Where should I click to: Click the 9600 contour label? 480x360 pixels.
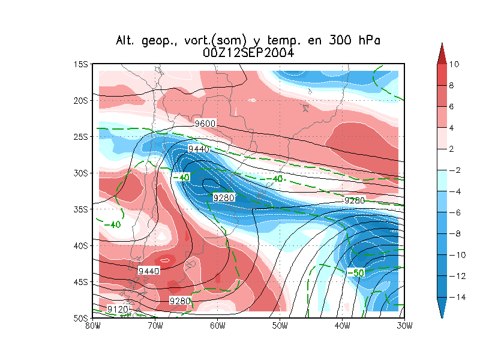tap(205, 124)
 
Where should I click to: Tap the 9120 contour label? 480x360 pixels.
tap(117, 308)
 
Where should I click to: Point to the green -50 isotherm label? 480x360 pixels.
tap(355, 273)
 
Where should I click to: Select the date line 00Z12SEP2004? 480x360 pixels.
tap(248, 53)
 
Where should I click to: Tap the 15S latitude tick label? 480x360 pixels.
tap(81, 64)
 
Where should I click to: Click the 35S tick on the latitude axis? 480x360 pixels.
tap(81, 209)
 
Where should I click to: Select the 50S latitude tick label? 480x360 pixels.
tap(81, 317)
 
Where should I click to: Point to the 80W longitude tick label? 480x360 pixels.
tap(92, 325)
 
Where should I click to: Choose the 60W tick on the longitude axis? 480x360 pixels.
tap(217, 325)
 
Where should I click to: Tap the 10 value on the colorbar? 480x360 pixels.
tap(454, 64)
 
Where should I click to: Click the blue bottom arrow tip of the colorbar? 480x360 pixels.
tap(442, 314)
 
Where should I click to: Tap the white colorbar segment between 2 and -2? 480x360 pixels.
tap(442, 160)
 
